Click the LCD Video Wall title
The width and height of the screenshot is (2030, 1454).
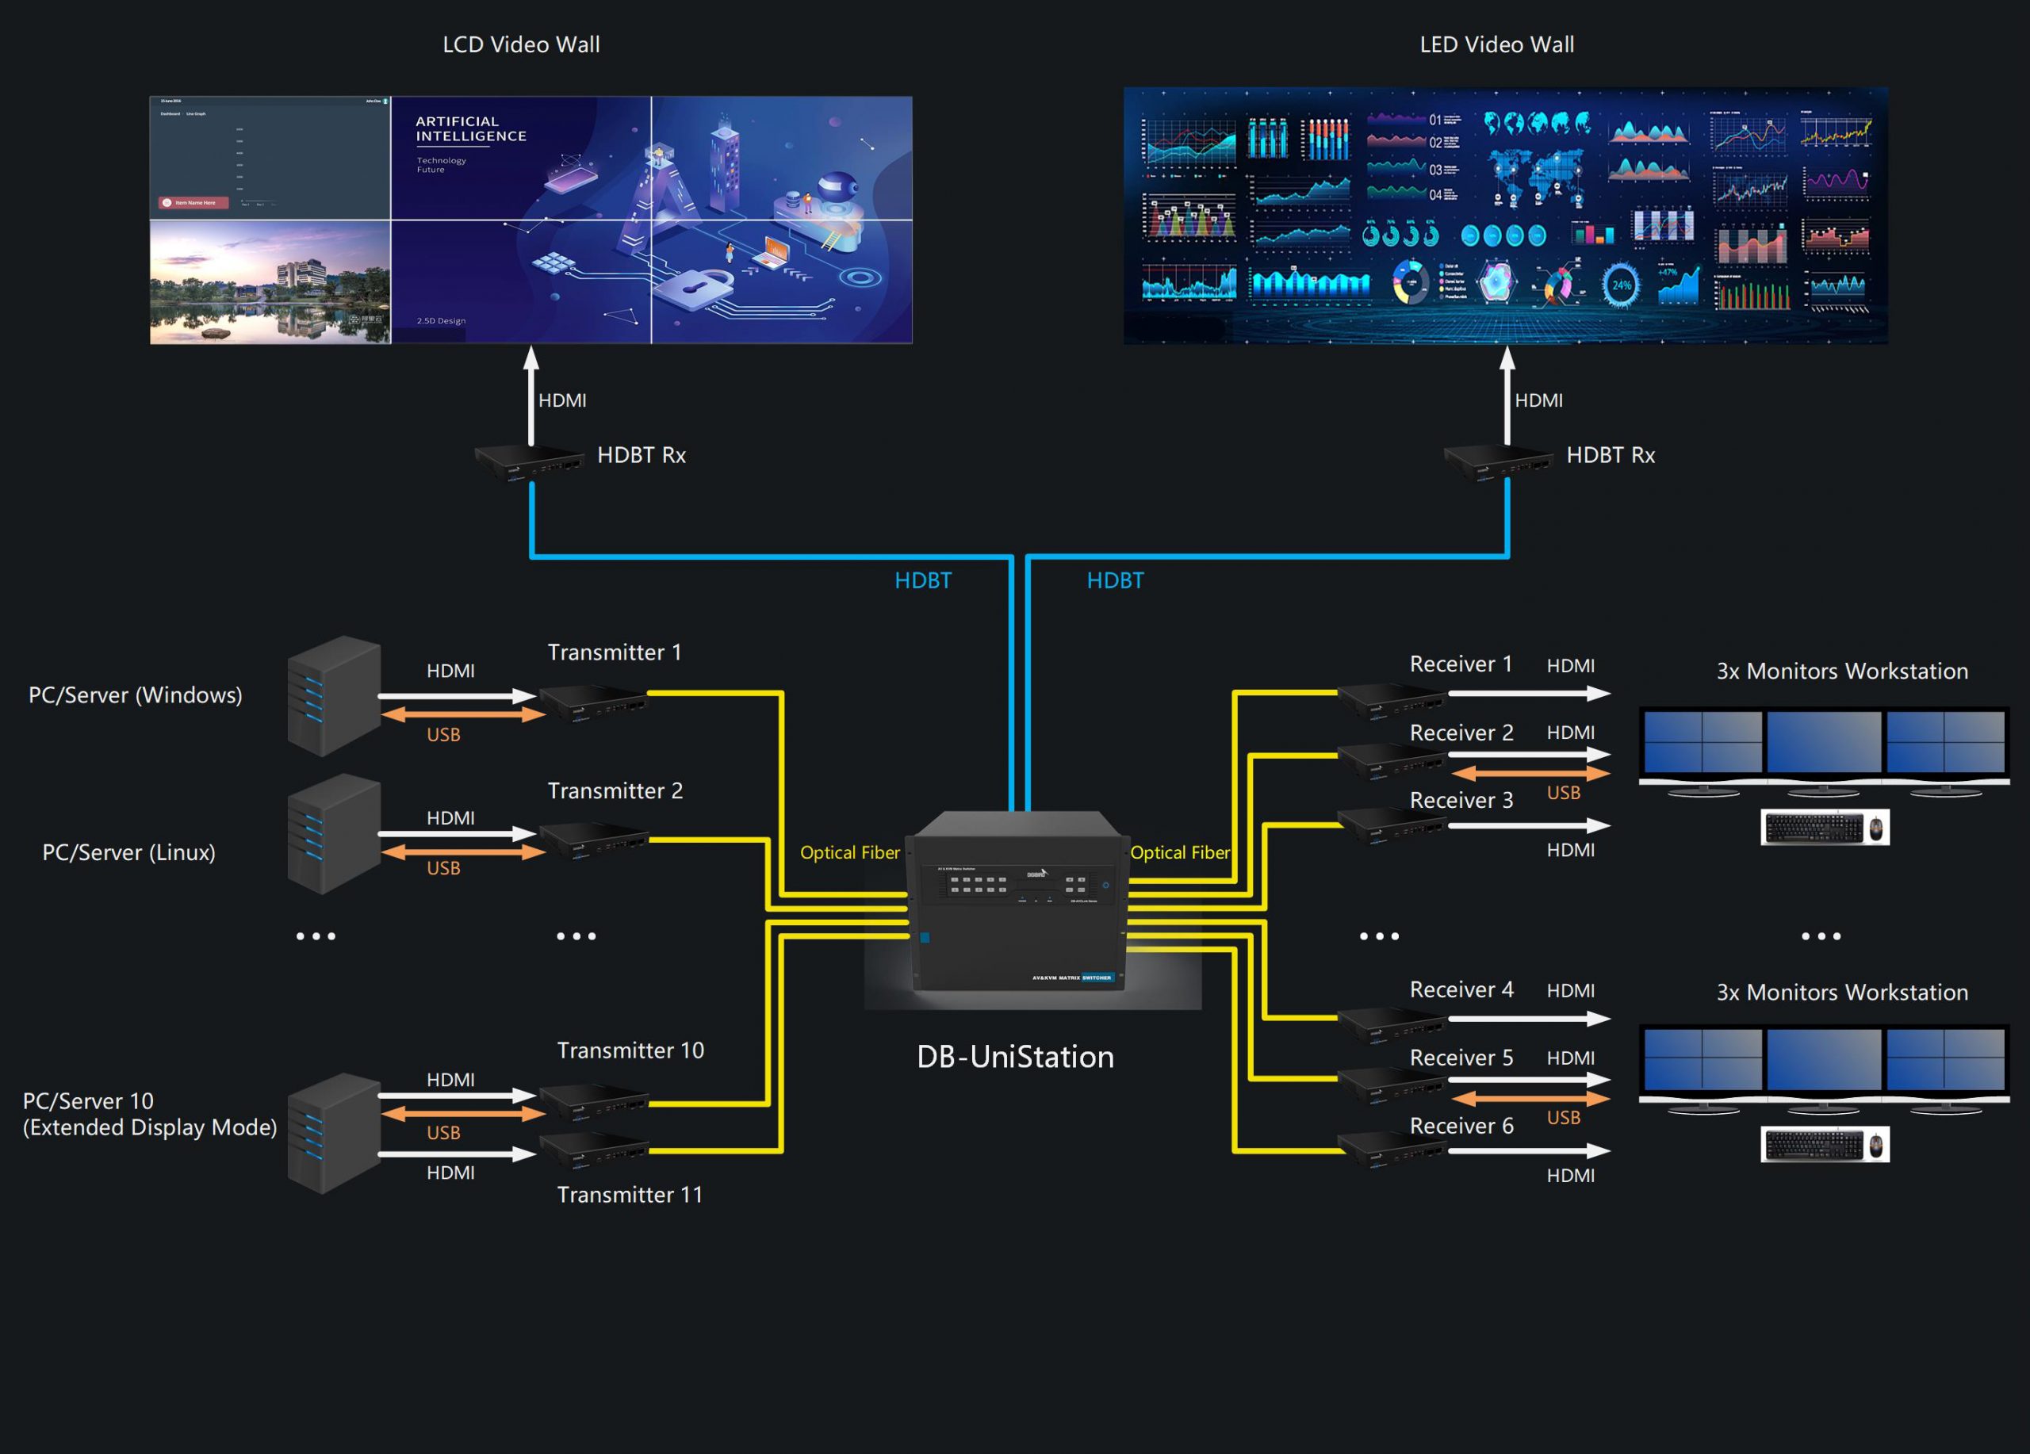pyautogui.click(x=521, y=44)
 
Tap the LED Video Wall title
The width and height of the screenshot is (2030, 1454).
pyautogui.click(x=1496, y=44)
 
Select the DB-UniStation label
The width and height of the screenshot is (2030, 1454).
pyautogui.click(x=1015, y=1058)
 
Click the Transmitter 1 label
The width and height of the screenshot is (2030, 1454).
pyautogui.click(x=614, y=652)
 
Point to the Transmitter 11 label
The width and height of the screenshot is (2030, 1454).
pyautogui.click(x=630, y=1195)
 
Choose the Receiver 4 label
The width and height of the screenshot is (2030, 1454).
pyautogui.click(x=1461, y=989)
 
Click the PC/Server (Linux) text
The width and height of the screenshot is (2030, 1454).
pyautogui.click(x=129, y=851)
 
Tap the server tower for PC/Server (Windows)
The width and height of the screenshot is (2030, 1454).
pyautogui.click(x=333, y=696)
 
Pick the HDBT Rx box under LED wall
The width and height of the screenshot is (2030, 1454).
pyautogui.click(x=1496, y=461)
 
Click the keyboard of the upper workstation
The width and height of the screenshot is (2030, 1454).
pyautogui.click(x=1814, y=828)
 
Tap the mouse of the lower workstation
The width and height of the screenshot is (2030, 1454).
pyautogui.click(x=1876, y=1144)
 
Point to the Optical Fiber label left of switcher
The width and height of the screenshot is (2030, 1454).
pyautogui.click(x=849, y=853)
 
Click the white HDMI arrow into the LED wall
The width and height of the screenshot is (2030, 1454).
pyautogui.click(x=1507, y=394)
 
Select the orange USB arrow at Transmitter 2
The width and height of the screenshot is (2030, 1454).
pyautogui.click(x=463, y=853)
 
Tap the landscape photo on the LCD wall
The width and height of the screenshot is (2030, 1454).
pyautogui.click(x=270, y=282)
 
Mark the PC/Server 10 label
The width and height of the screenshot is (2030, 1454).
pyautogui.click(x=88, y=1100)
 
